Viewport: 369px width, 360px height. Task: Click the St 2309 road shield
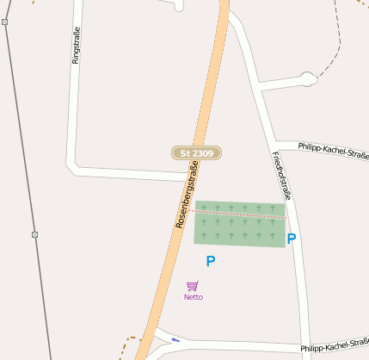point(196,153)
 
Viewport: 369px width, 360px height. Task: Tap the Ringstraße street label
point(76,46)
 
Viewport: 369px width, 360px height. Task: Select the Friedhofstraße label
point(281,176)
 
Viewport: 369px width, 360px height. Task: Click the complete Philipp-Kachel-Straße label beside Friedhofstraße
point(334,151)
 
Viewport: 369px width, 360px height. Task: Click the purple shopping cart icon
point(193,286)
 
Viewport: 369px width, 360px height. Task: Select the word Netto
point(194,297)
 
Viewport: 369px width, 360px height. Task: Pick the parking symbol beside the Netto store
point(210,261)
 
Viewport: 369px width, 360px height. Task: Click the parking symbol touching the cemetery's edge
point(291,239)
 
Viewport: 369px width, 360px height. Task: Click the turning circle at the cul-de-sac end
point(308,80)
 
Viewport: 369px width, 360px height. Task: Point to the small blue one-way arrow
point(175,339)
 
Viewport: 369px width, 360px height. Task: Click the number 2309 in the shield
point(202,153)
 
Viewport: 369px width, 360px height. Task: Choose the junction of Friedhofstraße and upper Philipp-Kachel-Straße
point(273,140)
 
